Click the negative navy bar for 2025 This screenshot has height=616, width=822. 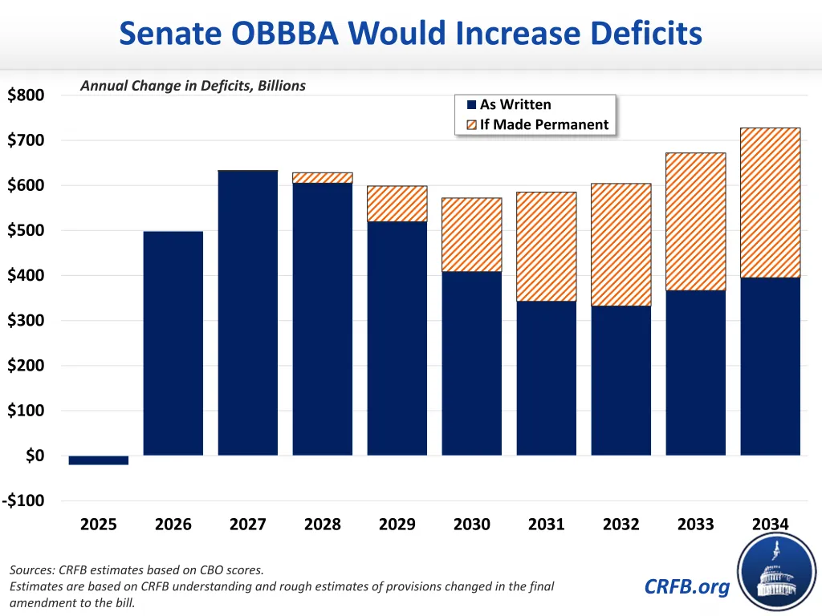(99, 460)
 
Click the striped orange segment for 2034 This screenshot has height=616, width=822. (771, 203)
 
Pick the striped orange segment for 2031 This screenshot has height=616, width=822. (547, 246)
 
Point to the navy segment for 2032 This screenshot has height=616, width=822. (621, 380)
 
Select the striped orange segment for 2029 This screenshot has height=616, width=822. (397, 204)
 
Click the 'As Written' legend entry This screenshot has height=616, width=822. (515, 105)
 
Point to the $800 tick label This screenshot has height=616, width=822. (26, 96)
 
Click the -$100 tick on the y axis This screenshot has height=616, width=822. (24, 501)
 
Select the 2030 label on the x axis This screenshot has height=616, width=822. (472, 525)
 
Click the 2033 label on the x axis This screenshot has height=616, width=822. (696, 525)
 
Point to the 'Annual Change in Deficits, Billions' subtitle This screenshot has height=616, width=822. (193, 86)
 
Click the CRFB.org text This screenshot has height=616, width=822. (687, 586)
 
